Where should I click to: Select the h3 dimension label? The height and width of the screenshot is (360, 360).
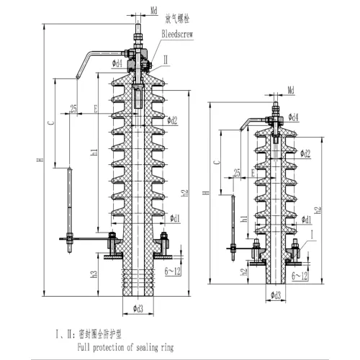95,275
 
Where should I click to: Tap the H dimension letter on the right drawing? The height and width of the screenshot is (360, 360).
206,193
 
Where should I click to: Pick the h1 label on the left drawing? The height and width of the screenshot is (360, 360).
96,153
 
